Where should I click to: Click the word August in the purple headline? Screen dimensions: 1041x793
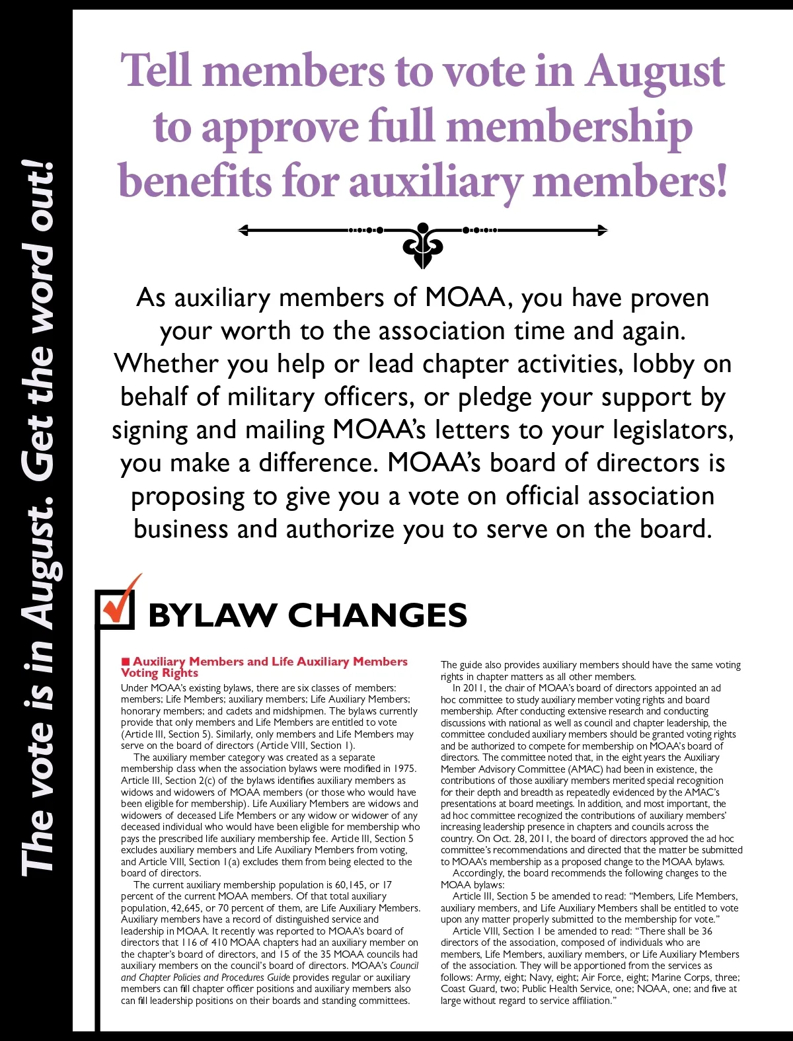pyautogui.click(x=654, y=71)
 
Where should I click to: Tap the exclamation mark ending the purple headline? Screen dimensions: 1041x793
pyautogui.click(x=719, y=180)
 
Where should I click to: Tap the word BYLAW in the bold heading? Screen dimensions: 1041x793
pyautogui.click(x=212, y=615)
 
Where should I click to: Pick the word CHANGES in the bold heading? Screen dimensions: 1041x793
pyautogui.click(x=377, y=615)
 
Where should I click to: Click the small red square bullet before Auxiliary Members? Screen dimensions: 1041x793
pyautogui.click(x=125, y=662)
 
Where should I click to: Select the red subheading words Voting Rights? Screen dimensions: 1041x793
pyautogui.click(x=159, y=673)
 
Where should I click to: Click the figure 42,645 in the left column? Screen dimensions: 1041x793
pyautogui.click(x=184, y=908)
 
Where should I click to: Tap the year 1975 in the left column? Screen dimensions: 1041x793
pyautogui.click(x=404, y=769)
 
